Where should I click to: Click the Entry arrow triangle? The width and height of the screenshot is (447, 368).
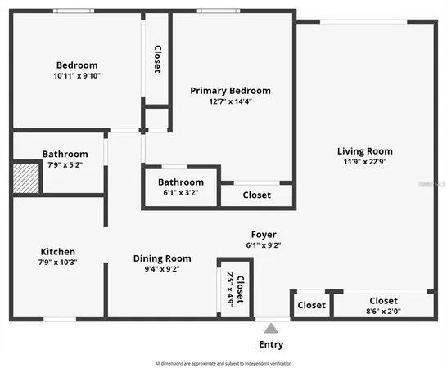tap(271, 327)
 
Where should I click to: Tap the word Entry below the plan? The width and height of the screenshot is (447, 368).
tap(271, 344)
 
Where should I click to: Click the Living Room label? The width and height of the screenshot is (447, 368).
tap(364, 150)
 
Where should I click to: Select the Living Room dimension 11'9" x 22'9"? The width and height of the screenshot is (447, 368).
tap(364, 161)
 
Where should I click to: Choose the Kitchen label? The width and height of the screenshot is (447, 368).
tap(58, 251)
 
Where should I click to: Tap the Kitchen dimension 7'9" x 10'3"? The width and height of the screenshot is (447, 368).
tap(58, 262)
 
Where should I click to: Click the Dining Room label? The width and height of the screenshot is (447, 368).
tap(162, 258)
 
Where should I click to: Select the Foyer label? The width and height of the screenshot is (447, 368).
tap(263, 235)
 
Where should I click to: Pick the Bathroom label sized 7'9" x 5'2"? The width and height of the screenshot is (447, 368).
tap(65, 154)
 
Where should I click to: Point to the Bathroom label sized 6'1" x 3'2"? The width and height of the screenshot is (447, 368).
tap(180, 182)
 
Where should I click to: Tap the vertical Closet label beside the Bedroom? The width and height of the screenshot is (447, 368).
tap(157, 59)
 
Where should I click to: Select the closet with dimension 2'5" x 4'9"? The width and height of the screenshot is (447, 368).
tap(235, 289)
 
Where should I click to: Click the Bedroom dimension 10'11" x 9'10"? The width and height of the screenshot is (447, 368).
tap(76, 75)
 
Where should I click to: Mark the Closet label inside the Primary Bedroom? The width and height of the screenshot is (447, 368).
tap(256, 195)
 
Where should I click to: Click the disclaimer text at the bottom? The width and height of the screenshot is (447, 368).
tap(223, 363)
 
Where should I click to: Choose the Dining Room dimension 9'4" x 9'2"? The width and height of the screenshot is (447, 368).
tap(162, 268)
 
